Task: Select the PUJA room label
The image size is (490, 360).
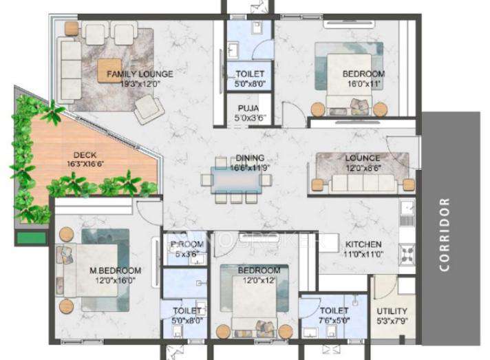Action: coord(248,108)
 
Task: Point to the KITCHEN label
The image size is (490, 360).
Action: coord(363,244)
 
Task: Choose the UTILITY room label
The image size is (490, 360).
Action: coord(392,311)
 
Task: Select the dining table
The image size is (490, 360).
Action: coord(236,180)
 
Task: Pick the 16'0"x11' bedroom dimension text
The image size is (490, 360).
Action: coord(363,83)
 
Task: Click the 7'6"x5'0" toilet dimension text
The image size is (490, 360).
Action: coord(334,320)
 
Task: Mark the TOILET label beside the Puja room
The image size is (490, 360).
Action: coord(250,74)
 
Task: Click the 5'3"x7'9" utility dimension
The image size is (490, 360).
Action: coord(392,321)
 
